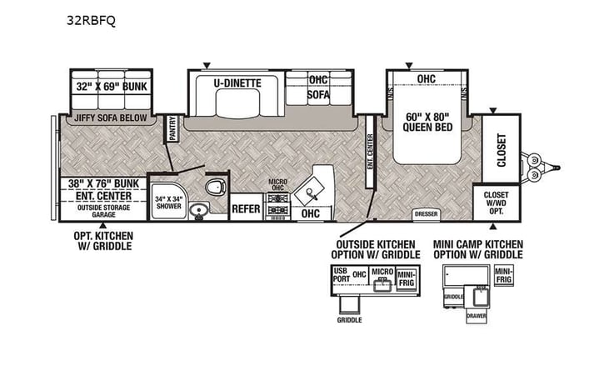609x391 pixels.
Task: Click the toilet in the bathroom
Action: (216, 187)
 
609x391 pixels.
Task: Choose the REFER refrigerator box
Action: (246, 209)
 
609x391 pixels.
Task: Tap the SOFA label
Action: (318, 95)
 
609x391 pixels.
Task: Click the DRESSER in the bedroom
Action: (426, 214)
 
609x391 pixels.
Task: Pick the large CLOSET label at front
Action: (502, 150)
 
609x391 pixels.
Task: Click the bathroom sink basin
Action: (199, 210)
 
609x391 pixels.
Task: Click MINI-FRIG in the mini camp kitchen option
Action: (503, 273)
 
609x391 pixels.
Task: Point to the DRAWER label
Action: (477, 316)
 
